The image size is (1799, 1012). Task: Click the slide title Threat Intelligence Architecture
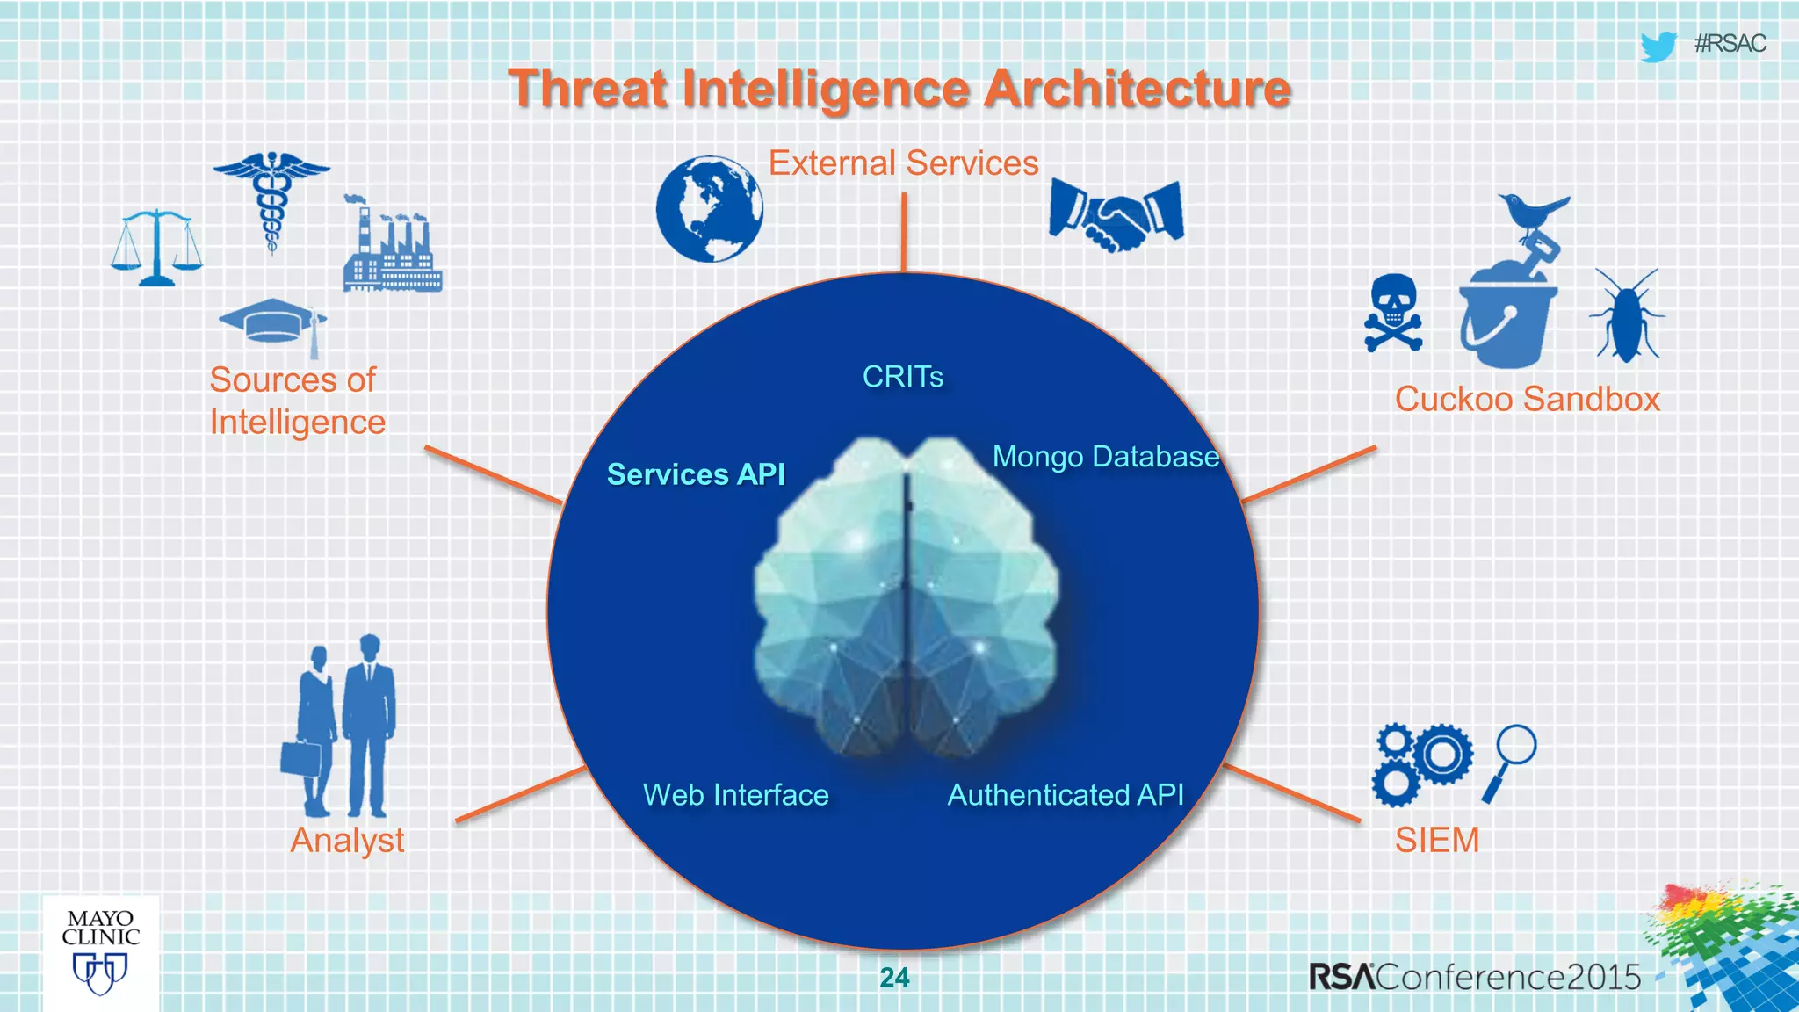point(899,89)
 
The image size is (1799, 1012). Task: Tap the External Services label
point(903,163)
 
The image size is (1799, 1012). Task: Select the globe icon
point(710,209)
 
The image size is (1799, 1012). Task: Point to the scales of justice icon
point(156,248)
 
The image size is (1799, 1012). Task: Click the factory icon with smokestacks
point(392,246)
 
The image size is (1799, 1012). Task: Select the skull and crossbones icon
point(1393,313)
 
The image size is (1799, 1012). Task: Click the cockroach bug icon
point(1627,316)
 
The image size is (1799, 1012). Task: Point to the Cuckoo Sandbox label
point(1528,399)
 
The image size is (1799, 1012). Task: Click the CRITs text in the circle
point(903,377)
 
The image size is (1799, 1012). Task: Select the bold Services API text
point(696,474)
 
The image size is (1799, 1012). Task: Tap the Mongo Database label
point(1106,457)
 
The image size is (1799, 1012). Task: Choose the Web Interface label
point(736,795)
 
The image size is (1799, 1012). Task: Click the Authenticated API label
point(1066,795)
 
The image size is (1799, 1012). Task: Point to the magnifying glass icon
point(1510,762)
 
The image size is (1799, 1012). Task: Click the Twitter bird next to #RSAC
point(1658,46)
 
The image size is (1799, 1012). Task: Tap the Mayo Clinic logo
point(101,952)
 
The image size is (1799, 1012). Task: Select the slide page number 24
point(894,978)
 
